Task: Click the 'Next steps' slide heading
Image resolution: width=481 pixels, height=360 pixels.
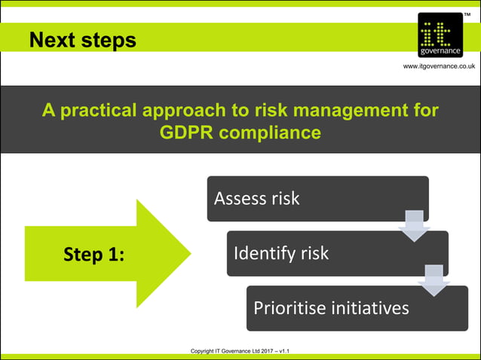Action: pyautogui.click(x=83, y=39)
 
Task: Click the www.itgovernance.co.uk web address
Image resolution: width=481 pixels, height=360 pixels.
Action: pyautogui.click(x=439, y=66)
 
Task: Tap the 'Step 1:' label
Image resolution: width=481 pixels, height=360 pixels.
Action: pyautogui.click(x=93, y=255)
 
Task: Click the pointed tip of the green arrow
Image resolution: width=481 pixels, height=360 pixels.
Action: pyautogui.click(x=189, y=253)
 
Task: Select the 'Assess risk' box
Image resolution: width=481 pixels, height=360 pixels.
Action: pyautogui.click(x=317, y=198)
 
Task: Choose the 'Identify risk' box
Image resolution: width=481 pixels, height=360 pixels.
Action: pyautogui.click(x=337, y=253)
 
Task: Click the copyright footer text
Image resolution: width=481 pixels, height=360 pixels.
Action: pyautogui.click(x=240, y=351)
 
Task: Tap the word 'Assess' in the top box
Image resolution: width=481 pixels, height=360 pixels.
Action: pyautogui.click(x=237, y=198)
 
